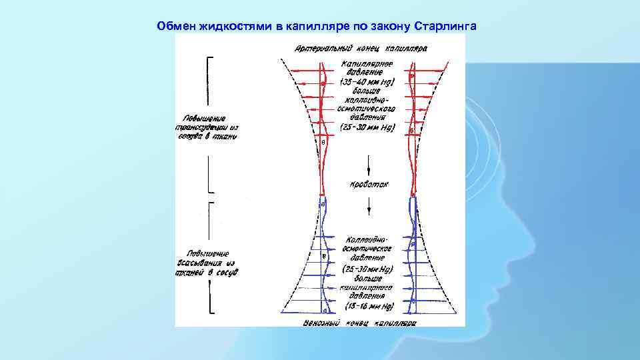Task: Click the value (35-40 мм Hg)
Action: tap(367, 83)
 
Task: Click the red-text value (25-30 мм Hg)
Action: tap(367, 126)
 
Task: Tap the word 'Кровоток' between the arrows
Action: tap(368, 183)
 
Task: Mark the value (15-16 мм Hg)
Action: tap(368, 307)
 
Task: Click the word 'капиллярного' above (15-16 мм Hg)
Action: tap(368, 289)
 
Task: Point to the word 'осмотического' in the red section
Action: tap(368, 108)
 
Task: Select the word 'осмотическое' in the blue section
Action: tap(368, 247)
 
